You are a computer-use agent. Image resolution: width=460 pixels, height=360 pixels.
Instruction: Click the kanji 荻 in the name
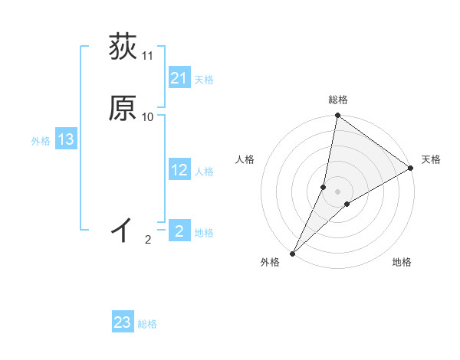pyautogui.click(x=123, y=47)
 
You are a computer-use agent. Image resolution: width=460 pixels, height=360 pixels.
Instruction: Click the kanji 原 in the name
pyautogui.click(x=123, y=109)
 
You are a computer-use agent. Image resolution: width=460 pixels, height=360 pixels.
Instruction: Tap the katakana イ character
pyautogui.click(x=123, y=229)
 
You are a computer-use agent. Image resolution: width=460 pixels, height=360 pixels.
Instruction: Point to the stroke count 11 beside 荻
pyautogui.click(x=148, y=56)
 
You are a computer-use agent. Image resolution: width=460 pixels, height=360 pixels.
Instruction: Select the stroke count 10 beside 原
pyautogui.click(x=148, y=116)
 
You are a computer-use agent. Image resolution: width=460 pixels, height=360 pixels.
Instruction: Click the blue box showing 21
pyautogui.click(x=179, y=78)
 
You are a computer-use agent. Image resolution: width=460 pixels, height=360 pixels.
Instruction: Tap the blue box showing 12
pyautogui.click(x=179, y=171)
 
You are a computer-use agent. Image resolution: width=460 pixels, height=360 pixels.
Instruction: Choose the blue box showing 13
pyautogui.click(x=65, y=139)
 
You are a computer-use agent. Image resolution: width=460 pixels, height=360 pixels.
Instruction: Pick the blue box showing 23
pyautogui.click(x=123, y=322)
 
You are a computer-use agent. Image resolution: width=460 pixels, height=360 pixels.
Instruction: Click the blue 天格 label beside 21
pyautogui.click(x=204, y=80)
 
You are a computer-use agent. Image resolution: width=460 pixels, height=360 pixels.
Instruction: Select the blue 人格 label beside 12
pyautogui.click(x=204, y=172)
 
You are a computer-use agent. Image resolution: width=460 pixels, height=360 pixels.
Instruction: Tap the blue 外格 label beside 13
pyautogui.click(x=41, y=140)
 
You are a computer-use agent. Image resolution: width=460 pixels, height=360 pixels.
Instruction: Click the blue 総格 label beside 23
pyautogui.click(x=147, y=324)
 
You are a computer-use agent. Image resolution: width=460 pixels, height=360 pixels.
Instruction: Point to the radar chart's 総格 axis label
pyautogui.click(x=338, y=100)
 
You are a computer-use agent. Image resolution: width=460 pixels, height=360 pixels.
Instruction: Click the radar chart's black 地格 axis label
pyautogui.click(x=402, y=262)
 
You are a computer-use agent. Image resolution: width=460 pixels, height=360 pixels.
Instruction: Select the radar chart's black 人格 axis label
pyautogui.click(x=245, y=159)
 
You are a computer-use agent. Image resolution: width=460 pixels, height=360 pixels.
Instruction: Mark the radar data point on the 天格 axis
pyautogui.click(x=411, y=169)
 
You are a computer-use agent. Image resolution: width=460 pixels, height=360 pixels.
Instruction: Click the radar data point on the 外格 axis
pyautogui.click(x=293, y=253)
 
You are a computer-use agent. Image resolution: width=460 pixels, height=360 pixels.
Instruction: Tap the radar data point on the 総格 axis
pyautogui.click(x=337, y=116)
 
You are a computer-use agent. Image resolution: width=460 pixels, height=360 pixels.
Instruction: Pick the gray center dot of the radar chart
pyautogui.click(x=337, y=191)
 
